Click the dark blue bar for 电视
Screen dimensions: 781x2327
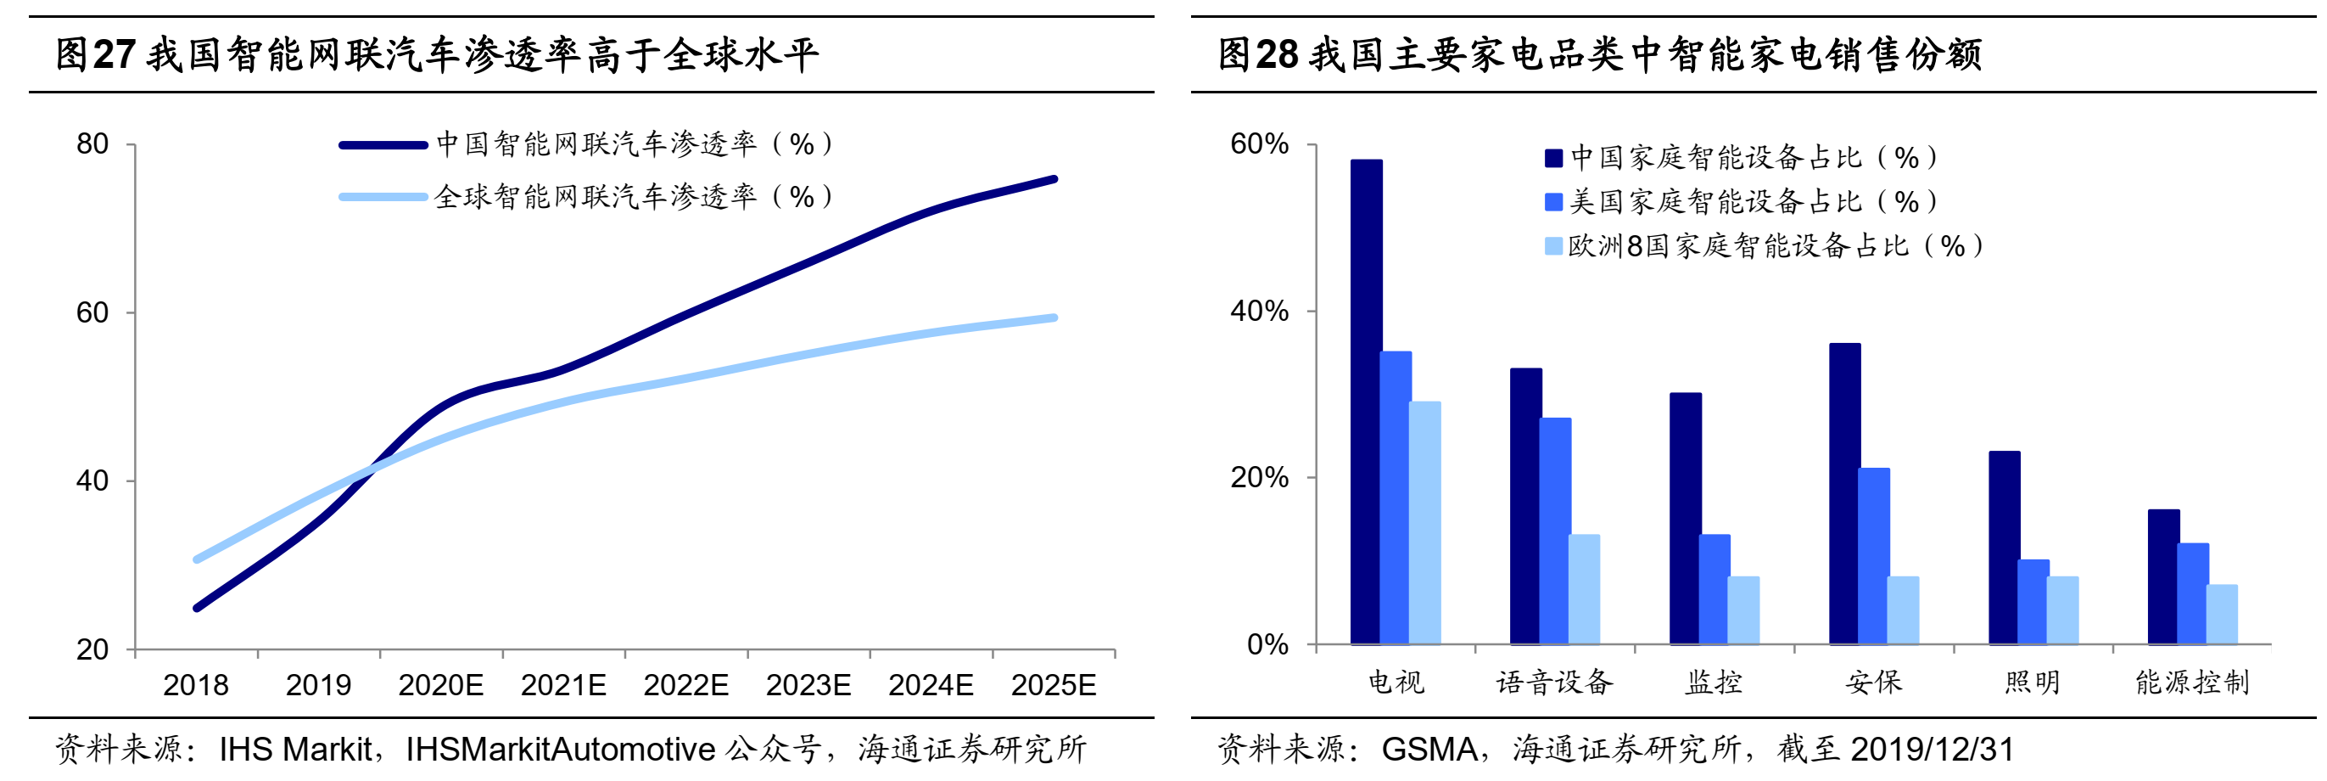pyautogui.click(x=1366, y=402)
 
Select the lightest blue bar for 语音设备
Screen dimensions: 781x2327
pyautogui.click(x=1584, y=589)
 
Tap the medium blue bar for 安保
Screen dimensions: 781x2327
pyautogui.click(x=1873, y=556)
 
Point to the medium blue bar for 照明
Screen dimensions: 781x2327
pyautogui.click(x=2033, y=602)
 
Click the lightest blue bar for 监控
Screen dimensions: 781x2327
pyautogui.click(x=1743, y=610)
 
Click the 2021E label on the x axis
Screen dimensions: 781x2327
pyautogui.click(x=562, y=685)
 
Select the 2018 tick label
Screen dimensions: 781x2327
pyautogui.click(x=195, y=685)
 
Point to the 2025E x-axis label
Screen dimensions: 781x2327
pyautogui.click(x=1054, y=685)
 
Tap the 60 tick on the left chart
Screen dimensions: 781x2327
pyautogui.click(x=92, y=312)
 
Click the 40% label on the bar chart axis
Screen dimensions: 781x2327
pyautogui.click(x=1258, y=311)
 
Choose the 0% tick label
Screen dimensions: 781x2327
pyautogui.click(x=1267, y=644)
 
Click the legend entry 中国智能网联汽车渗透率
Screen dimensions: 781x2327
pyautogui.click(x=632, y=143)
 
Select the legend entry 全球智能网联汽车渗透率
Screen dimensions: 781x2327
pyautogui.click(x=632, y=196)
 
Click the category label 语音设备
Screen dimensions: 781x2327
pyautogui.click(x=1554, y=683)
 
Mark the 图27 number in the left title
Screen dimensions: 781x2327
pyautogui.click(x=96, y=54)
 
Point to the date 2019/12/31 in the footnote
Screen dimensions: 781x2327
pyautogui.click(x=1933, y=750)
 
